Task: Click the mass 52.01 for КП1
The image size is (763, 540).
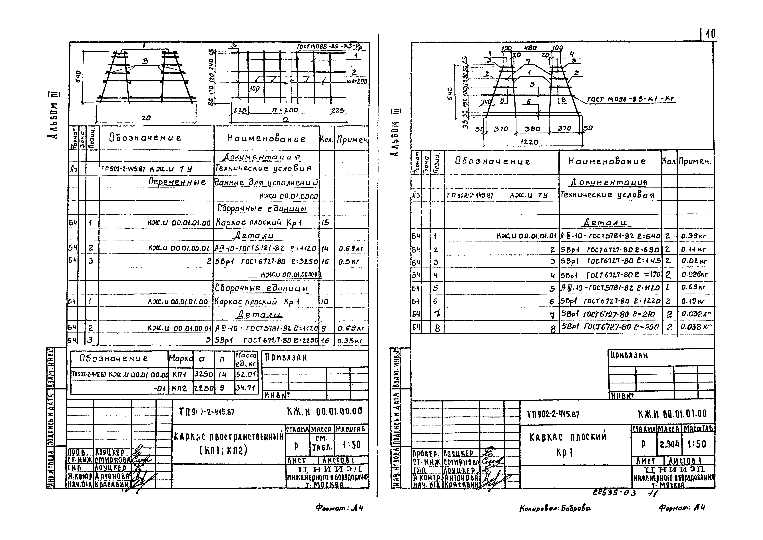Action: (246, 374)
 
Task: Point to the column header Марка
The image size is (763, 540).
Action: (181, 359)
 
